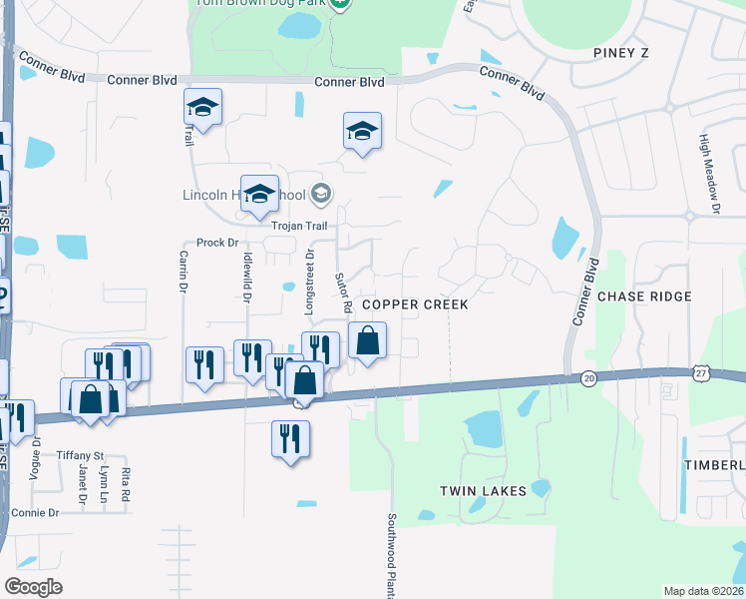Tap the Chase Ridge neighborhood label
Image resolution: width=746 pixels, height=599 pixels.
click(644, 297)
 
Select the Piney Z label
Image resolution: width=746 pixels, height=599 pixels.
click(620, 52)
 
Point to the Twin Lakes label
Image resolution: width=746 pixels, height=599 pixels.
click(484, 491)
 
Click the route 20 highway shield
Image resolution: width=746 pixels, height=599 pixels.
click(588, 377)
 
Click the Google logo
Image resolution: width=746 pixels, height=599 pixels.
click(33, 586)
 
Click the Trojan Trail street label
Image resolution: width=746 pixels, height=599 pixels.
click(299, 226)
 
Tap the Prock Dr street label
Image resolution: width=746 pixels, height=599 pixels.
click(217, 243)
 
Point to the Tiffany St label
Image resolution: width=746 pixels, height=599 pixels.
click(80, 454)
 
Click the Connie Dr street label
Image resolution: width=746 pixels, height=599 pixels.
click(35, 512)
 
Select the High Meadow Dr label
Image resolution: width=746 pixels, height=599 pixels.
click(709, 175)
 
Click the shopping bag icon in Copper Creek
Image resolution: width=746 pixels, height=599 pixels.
click(368, 341)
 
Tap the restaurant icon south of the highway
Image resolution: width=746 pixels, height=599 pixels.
click(290, 439)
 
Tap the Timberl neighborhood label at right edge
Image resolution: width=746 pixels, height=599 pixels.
click(714, 465)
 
